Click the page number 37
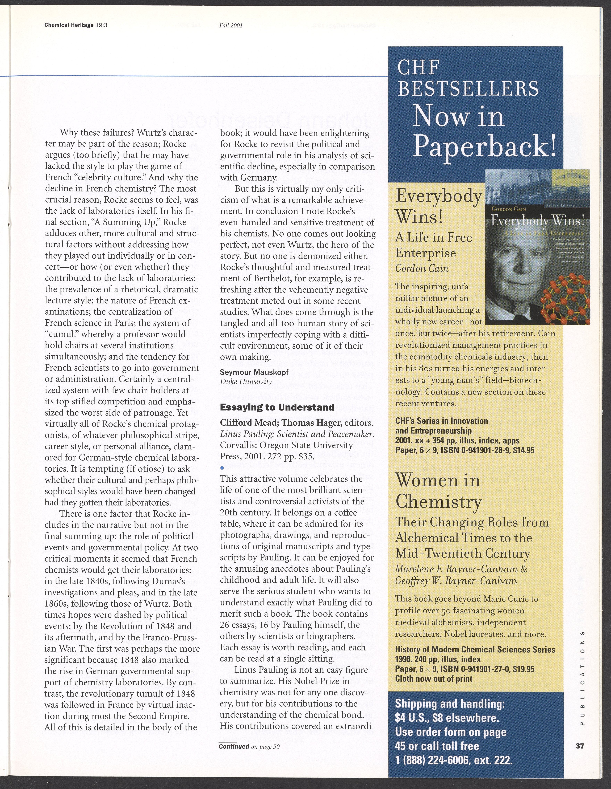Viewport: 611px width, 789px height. coord(580,746)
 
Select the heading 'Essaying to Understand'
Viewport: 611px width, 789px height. coord(277,407)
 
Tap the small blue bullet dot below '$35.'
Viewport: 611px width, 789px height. coord(222,468)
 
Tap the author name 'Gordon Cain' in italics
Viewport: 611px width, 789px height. coord(422,269)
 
